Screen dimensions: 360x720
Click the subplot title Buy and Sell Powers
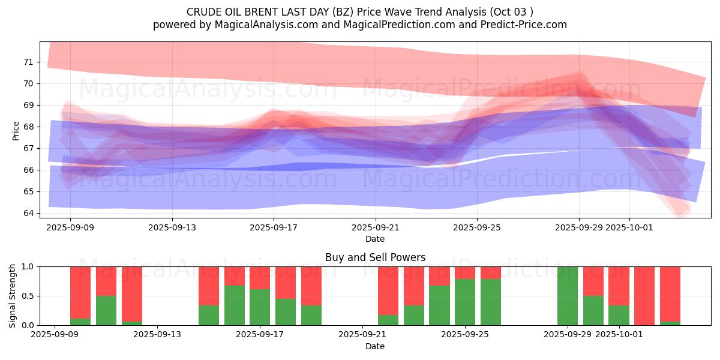pyautogui.click(x=375, y=257)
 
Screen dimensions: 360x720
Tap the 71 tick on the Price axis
pyautogui.click(x=28, y=62)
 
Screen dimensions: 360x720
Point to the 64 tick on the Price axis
pyautogui.click(x=28, y=213)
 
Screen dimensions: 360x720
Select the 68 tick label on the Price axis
pyautogui.click(x=28, y=127)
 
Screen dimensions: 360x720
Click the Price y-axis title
pyautogui.click(x=16, y=130)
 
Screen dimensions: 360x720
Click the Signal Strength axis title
pyautogui.click(x=13, y=295)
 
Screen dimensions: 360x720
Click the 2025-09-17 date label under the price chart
pyautogui.click(x=274, y=227)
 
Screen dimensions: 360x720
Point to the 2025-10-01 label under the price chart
pyautogui.click(x=629, y=227)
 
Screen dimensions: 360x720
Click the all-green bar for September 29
pyautogui.click(x=567, y=296)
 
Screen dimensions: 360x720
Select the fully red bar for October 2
pyautogui.click(x=644, y=296)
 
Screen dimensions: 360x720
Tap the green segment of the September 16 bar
pyautogui.click(x=235, y=305)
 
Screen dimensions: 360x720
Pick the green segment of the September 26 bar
pyautogui.click(x=491, y=302)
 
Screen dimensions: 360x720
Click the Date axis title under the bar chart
pyautogui.click(x=375, y=346)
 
